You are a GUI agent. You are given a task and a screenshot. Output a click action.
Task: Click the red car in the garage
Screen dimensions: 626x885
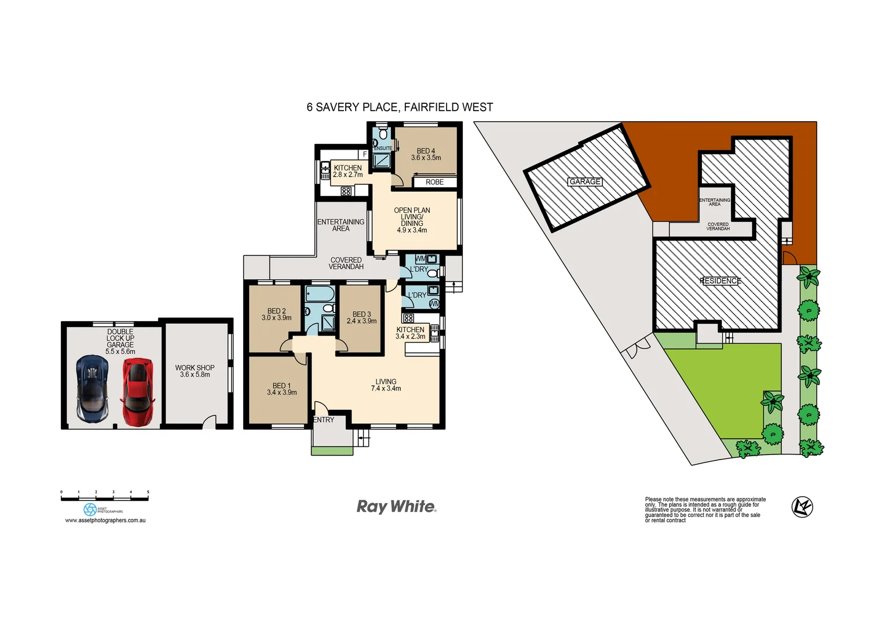[x=137, y=392]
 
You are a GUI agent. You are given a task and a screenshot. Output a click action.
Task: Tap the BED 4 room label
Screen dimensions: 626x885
[x=426, y=151]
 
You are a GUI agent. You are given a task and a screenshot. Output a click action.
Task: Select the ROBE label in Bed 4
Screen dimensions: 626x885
[x=434, y=183]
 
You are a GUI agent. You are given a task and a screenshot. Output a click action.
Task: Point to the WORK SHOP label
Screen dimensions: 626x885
[x=195, y=367]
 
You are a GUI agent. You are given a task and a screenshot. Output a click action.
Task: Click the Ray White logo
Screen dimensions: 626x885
[x=396, y=507]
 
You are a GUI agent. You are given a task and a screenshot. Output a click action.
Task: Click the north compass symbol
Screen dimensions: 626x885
[x=802, y=507]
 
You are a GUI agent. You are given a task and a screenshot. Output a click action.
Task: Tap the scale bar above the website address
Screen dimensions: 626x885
[x=105, y=497]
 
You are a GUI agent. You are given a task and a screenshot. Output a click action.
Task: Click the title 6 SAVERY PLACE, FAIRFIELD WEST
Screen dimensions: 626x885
[x=400, y=107]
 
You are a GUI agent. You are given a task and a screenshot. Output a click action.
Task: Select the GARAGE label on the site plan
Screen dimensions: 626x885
[x=585, y=182]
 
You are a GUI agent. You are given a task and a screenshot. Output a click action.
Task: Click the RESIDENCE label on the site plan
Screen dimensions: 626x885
[x=720, y=281]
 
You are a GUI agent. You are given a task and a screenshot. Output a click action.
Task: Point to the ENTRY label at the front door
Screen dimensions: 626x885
[x=323, y=420]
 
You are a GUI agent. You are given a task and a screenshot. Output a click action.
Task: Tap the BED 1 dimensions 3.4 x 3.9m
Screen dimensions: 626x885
[x=281, y=393]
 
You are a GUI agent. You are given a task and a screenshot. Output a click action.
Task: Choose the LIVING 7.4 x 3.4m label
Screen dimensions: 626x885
[x=386, y=385]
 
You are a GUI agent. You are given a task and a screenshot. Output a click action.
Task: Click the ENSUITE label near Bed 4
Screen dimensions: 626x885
[x=383, y=148]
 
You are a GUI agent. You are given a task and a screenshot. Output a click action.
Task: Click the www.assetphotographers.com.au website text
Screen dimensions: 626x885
[x=105, y=521]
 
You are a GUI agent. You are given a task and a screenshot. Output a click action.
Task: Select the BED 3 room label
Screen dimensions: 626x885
[x=361, y=314]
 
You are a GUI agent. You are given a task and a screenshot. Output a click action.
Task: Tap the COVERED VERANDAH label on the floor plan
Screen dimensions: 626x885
[x=346, y=264]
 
